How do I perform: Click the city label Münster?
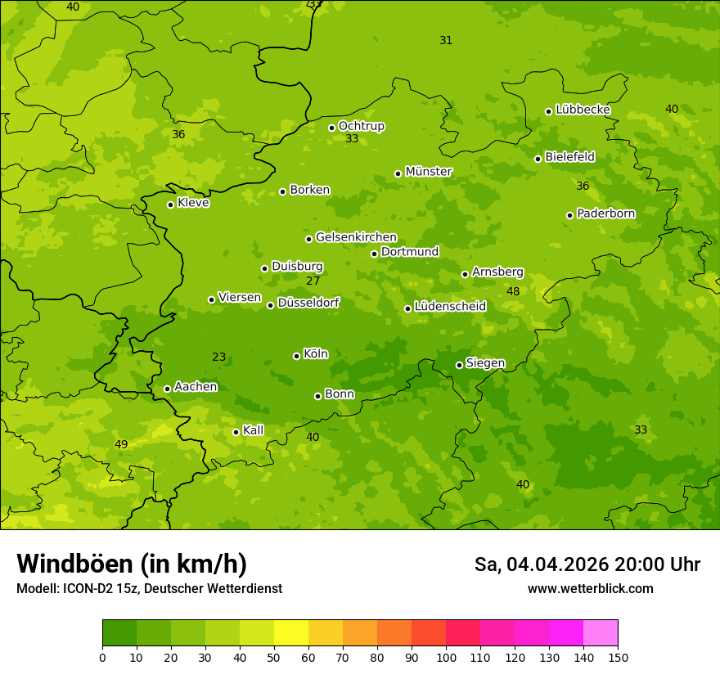click(428, 172)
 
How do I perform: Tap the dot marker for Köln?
click(296, 356)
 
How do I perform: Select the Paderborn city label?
click(605, 214)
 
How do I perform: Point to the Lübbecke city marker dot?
click(548, 111)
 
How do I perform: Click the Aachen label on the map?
click(196, 387)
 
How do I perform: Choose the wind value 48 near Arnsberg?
click(513, 292)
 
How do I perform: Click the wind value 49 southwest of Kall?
click(121, 445)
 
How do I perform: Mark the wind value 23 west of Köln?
click(218, 357)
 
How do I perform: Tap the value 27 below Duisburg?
click(313, 281)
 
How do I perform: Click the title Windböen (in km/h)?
click(132, 564)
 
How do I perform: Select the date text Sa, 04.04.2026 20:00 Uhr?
click(587, 564)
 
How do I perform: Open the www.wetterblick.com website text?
click(590, 589)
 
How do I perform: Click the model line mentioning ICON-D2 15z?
click(149, 589)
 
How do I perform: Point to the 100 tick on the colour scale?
click(446, 657)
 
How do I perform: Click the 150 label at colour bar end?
click(618, 657)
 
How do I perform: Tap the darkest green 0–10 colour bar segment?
click(119, 633)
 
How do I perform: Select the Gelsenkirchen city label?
click(356, 237)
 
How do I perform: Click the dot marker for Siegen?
click(459, 365)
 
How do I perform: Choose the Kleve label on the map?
click(193, 203)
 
